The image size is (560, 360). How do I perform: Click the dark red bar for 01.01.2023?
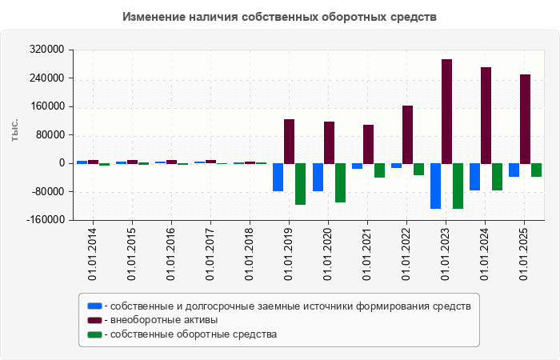coord(446,111)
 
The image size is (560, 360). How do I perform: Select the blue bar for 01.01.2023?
coord(435,186)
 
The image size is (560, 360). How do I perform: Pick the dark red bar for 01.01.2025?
coord(525,119)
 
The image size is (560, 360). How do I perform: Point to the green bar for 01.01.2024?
coord(497,177)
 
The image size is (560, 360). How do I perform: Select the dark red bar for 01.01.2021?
coord(368,144)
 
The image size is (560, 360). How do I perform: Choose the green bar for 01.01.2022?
coord(418,169)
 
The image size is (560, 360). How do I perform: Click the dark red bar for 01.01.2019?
coord(290,142)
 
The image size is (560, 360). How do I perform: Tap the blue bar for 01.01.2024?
coord(474,177)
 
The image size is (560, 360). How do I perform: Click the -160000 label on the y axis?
coord(44,220)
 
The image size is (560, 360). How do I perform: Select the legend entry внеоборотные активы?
coord(165,320)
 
